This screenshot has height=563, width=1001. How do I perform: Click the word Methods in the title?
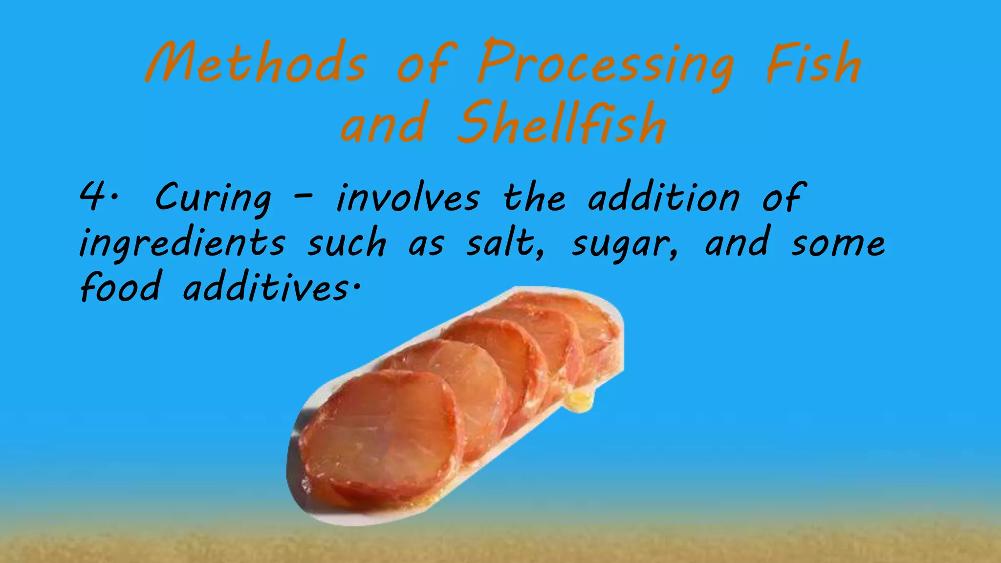coord(256,64)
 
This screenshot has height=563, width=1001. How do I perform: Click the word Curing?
coord(213,198)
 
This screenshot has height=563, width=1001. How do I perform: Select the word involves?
coord(408,198)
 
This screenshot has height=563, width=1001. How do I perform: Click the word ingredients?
coord(182,243)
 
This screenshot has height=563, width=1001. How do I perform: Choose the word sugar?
coord(624,244)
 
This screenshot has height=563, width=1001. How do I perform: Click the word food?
coord(120,287)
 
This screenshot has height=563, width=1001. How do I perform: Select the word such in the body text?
coord(347,243)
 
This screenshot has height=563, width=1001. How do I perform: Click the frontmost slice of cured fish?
coord(381,430)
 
